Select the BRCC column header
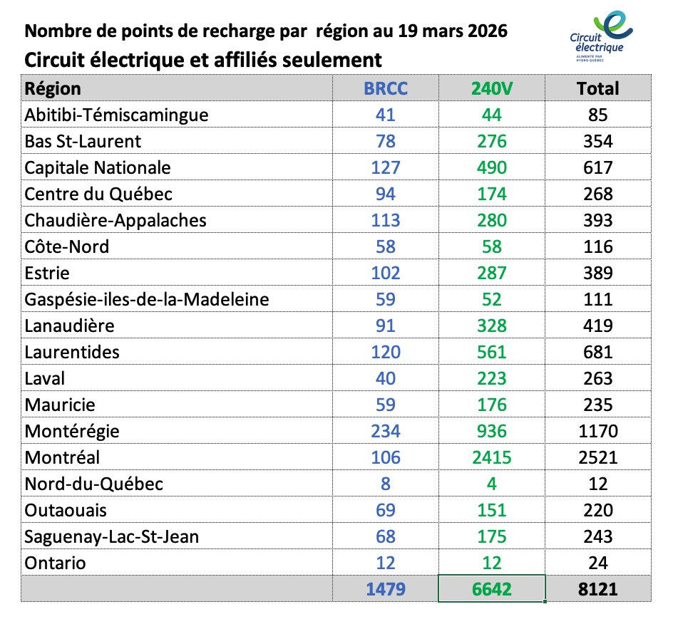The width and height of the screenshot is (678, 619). point(386,88)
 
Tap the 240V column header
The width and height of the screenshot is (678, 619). point(492,88)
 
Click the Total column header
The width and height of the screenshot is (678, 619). point(597,88)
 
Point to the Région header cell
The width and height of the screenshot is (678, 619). point(53,88)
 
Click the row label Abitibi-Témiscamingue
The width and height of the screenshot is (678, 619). point(116,115)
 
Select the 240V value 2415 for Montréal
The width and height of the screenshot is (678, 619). point(492,457)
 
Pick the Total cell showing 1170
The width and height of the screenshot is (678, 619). point(597,431)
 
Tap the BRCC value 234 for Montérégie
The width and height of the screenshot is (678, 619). point(386,431)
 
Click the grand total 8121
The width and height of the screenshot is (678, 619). point(597,589)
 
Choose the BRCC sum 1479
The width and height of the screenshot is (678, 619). point(386,589)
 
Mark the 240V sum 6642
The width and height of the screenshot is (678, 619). point(492,589)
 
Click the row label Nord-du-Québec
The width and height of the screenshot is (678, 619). point(94,484)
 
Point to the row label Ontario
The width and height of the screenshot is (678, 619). point(55,563)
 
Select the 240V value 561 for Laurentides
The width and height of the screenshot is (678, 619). point(492,352)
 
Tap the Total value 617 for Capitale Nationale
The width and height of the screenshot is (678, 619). point(597,167)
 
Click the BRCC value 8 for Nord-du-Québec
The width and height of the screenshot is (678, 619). point(386,484)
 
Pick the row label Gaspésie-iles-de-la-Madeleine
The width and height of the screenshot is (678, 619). point(147,299)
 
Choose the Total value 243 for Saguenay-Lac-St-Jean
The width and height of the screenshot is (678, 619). point(597,536)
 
